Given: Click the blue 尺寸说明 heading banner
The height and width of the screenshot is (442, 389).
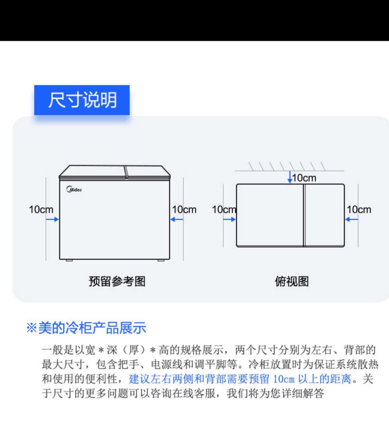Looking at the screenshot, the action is coord(82,100).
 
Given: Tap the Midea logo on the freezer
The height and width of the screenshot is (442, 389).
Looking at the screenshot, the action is coord(74,189).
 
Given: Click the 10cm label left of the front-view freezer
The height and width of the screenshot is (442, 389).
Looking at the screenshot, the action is coord(41,209).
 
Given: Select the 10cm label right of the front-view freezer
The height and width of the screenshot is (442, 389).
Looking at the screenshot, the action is coord(184,209).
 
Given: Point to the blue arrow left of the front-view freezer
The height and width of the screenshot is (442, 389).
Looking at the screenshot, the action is coord(52,219).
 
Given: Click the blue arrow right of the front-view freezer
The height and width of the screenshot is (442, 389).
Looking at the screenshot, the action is coord(177,219).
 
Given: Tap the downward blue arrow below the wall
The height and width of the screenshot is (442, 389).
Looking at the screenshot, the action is coord(290,177).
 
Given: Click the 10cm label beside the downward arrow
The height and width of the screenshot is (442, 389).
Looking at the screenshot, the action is coord(304,178).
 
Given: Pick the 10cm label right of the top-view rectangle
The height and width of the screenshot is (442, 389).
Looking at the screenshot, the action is coord(359,209).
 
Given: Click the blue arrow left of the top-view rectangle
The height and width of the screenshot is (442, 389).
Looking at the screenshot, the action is coord(229,219).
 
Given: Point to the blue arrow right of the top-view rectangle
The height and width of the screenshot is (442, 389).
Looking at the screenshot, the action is coord(352,219).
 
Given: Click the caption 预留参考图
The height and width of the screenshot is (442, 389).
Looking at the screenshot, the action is coord(117,281).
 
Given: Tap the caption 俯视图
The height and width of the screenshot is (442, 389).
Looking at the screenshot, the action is coord(292,281).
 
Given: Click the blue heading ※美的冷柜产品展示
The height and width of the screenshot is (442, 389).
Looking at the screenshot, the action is coord(86,328).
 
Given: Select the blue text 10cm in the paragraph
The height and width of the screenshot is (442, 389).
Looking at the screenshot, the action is coord(284,379).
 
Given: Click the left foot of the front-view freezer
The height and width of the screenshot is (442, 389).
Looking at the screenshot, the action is coord(69,260).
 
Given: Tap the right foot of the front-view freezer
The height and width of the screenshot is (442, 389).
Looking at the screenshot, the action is coord(161,260).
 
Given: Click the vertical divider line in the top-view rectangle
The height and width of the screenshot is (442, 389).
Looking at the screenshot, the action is coord(304,215).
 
